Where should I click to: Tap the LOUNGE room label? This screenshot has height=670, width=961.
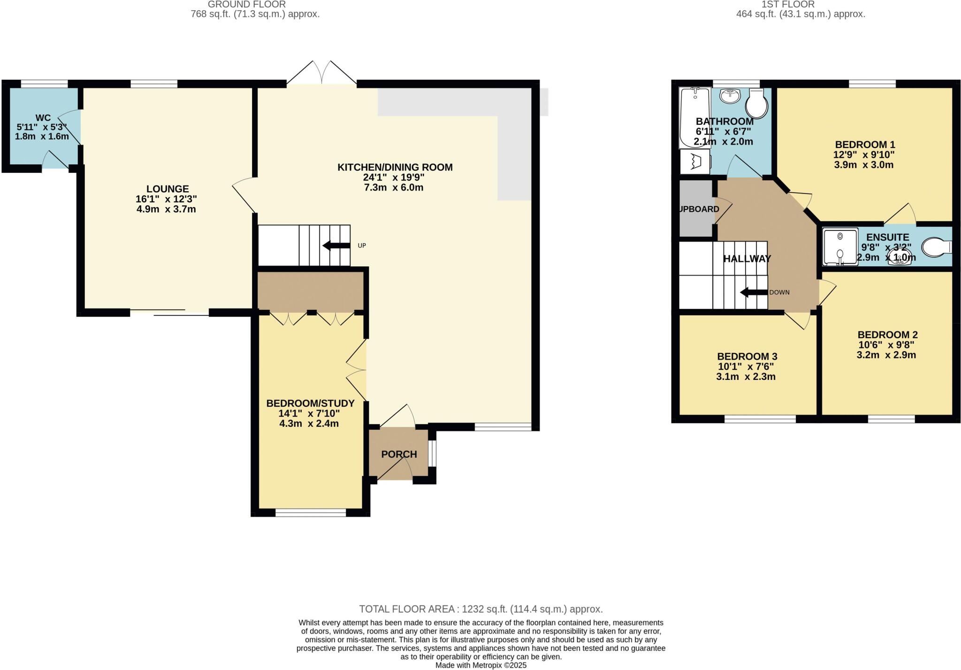pos(168,189)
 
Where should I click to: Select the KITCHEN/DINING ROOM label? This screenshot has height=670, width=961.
pos(395,167)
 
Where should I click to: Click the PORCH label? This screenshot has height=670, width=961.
pos(399,454)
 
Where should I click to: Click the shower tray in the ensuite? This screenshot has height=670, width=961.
pos(840,247)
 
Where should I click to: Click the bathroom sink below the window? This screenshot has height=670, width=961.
pos(730,96)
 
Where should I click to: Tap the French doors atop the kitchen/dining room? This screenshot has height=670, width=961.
pos(322,75)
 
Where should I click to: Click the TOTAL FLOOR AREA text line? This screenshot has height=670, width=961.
pos(480,609)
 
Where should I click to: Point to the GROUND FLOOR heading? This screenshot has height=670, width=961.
pos(247,4)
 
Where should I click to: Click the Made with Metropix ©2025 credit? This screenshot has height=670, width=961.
pos(480,665)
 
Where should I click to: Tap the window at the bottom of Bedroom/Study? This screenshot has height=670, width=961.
pos(310,513)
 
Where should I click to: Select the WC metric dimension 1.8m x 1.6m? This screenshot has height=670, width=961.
pos(42,137)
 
